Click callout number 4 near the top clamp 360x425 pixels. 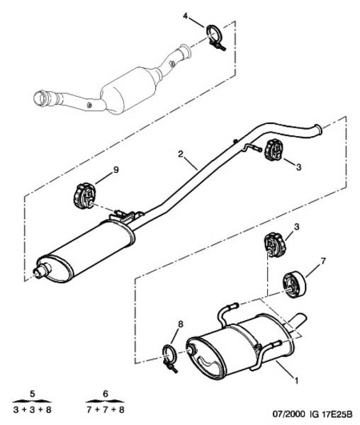(186, 16)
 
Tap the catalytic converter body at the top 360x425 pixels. (128, 89)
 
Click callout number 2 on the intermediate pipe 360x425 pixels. (181, 154)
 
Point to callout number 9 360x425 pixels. (116, 170)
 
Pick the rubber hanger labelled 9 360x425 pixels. (84, 196)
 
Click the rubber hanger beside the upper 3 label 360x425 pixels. (274, 150)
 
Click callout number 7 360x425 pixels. (322, 261)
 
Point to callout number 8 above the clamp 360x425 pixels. (181, 324)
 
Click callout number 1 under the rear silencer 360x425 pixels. (296, 380)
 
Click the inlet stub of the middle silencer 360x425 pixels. (41, 271)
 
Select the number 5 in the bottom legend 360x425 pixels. (33, 394)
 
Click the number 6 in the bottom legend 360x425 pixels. (106, 394)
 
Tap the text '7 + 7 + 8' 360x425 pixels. (106, 410)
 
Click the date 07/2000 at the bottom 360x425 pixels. (288, 414)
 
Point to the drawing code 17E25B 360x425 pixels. (337, 414)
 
